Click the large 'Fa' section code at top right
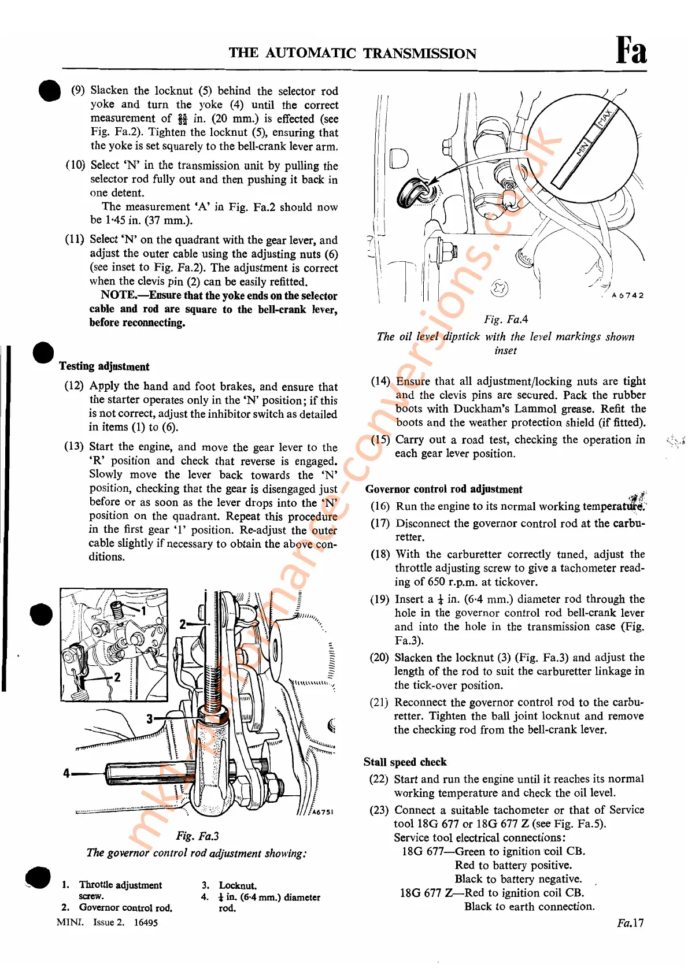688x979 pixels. coord(631,50)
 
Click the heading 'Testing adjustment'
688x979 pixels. coord(104,366)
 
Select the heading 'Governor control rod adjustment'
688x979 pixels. coord(443,489)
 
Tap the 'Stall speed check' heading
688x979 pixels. coord(405,762)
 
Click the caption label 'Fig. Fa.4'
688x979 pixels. coord(506,320)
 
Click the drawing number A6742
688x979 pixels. coord(627,295)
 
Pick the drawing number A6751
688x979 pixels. coord(323,811)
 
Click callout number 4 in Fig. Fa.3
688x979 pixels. coord(66,773)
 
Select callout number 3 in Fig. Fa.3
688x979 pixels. coord(150,718)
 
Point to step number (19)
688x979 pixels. coord(380,599)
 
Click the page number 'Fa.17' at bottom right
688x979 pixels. coord(630,923)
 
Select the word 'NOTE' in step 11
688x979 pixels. coord(118,295)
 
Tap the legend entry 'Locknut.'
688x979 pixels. coord(238,885)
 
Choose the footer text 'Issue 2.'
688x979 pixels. coord(109,922)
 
